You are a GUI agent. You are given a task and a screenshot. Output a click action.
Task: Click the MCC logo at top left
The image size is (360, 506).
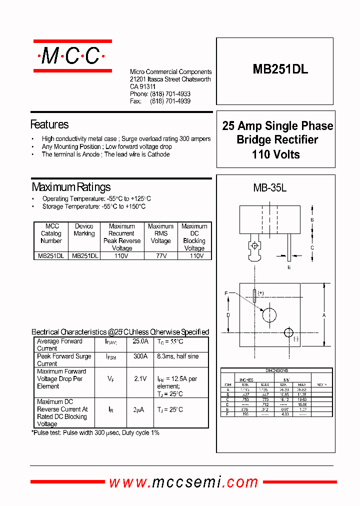click(x=72, y=56)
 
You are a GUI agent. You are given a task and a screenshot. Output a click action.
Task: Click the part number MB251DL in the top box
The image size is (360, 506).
click(x=280, y=70)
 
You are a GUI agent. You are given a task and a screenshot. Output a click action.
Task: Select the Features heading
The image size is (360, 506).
click(x=49, y=124)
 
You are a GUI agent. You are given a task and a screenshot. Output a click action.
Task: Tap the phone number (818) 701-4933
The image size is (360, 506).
click(x=170, y=94)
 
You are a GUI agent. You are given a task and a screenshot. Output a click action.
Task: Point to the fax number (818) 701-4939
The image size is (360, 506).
click(x=170, y=101)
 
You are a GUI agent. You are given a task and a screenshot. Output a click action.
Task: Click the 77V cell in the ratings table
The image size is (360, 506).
click(x=160, y=256)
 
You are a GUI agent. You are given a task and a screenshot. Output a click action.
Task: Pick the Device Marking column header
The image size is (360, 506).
click(x=84, y=230)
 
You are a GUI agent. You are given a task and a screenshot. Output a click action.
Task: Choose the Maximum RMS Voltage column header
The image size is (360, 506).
click(x=160, y=233)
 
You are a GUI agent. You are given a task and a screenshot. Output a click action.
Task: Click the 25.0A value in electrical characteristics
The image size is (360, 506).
click(x=140, y=341)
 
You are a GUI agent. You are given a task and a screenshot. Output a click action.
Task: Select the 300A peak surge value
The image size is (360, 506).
click(x=140, y=356)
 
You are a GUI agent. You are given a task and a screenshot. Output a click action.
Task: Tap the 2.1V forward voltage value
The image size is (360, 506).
click(x=140, y=379)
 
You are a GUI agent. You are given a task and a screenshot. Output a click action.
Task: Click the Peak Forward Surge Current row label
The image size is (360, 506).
click(x=64, y=360)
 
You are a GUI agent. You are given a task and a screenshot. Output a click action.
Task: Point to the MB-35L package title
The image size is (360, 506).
click(x=269, y=188)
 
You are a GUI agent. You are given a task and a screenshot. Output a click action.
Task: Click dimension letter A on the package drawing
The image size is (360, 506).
click(x=324, y=315)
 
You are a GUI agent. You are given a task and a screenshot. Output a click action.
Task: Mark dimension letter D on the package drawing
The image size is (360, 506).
click(x=228, y=315)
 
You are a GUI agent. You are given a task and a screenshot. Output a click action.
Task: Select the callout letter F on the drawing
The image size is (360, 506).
click(x=226, y=293)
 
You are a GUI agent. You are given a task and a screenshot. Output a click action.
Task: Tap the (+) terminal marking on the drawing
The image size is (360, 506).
click(x=260, y=293)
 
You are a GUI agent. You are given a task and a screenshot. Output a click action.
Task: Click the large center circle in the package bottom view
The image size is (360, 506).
click(x=269, y=315)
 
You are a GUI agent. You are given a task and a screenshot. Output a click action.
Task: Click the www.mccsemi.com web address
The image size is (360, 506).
click(x=183, y=482)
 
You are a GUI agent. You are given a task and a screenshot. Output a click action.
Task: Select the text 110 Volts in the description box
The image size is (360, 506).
click(x=275, y=154)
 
